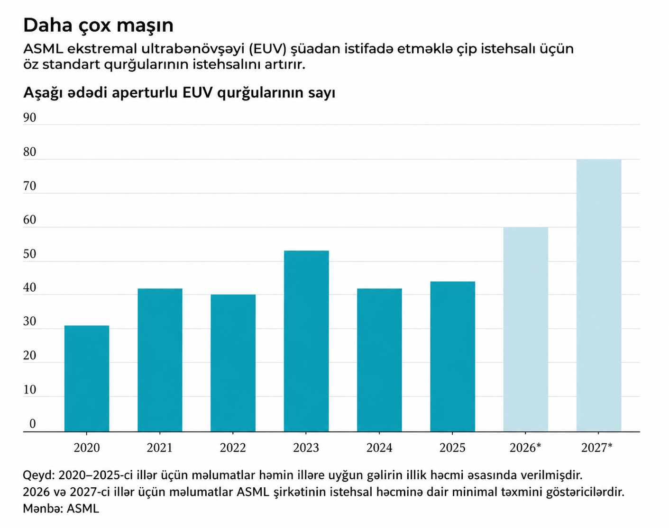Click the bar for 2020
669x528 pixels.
coord(87,378)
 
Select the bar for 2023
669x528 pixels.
coord(306,341)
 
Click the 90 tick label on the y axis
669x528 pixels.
coord(29,118)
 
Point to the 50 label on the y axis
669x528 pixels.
coord(29,254)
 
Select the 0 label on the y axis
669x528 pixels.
coord(32,424)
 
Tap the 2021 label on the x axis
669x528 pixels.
coord(160,448)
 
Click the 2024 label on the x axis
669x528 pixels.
coord(379,448)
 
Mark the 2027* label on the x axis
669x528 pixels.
coord(597,448)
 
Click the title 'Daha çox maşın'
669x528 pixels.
coord(98,25)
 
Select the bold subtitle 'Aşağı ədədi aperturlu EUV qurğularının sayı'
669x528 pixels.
coord(179,93)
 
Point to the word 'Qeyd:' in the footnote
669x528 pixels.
coord(38,475)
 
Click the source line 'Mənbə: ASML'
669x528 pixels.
coord(61,509)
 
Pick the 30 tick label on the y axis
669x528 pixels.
coord(29,322)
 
